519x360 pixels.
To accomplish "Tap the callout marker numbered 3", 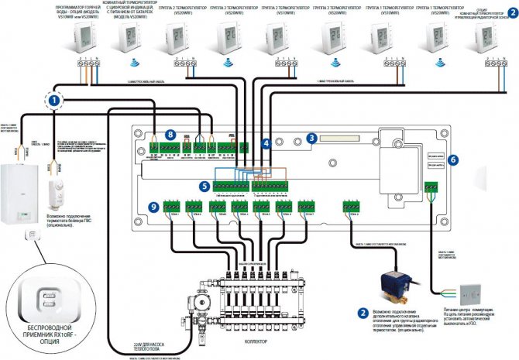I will [311, 138].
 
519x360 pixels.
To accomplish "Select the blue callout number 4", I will [266, 143].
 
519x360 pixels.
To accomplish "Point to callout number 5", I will [204, 186].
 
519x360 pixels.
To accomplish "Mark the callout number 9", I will [153, 206].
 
